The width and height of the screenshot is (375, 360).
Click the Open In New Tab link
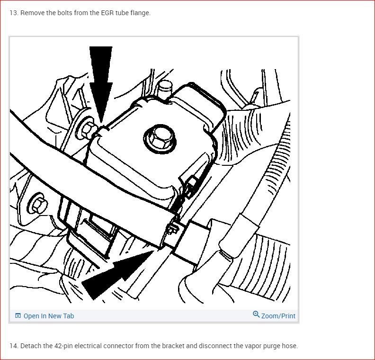pos(49,316)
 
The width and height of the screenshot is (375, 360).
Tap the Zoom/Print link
pos(278,316)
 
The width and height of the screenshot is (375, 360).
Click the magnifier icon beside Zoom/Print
pos(256,314)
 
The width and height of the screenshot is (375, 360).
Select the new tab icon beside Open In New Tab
pos(18,316)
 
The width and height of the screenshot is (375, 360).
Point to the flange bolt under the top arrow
pos(87,129)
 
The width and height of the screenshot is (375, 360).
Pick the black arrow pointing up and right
pos(117,275)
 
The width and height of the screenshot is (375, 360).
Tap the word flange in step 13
pos(140,13)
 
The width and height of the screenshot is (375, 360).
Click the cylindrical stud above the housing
pos(166,90)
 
